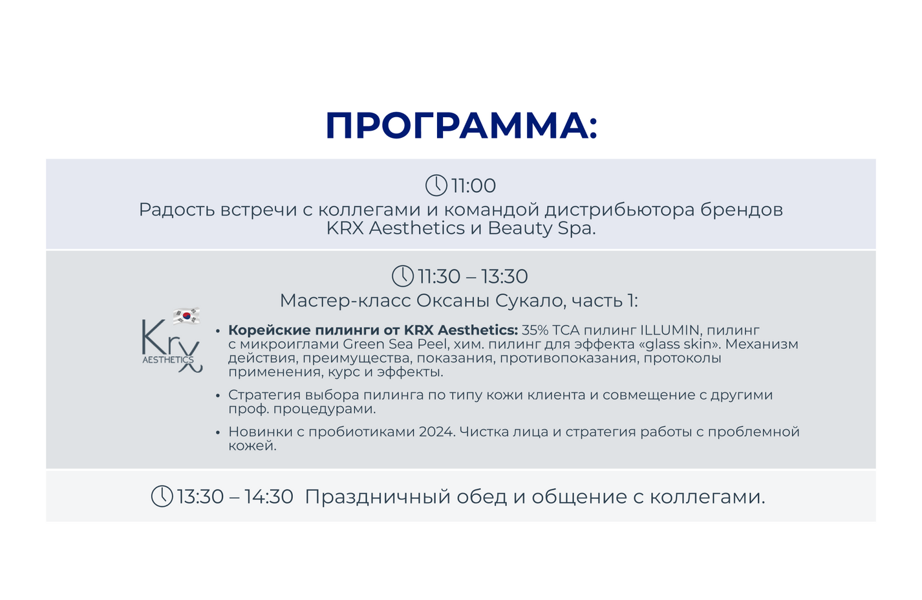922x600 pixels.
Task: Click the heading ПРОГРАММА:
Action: pyautogui.click(x=461, y=126)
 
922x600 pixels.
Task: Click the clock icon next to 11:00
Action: pyautogui.click(x=436, y=185)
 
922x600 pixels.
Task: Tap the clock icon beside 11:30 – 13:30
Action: pyautogui.click(x=403, y=276)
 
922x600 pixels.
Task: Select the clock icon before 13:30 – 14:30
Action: pyautogui.click(x=162, y=496)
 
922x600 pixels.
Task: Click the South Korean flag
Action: pyautogui.click(x=186, y=316)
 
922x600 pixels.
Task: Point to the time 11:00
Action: pyautogui.click(x=474, y=186)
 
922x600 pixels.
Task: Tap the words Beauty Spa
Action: pyautogui.click(x=542, y=228)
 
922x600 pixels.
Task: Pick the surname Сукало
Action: pyautogui.click(x=527, y=301)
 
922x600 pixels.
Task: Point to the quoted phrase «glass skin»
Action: pyautogui.click(x=677, y=344)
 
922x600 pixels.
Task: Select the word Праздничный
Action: pyautogui.click(x=378, y=496)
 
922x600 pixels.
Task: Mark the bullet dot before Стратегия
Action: pyautogui.click(x=218, y=395)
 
